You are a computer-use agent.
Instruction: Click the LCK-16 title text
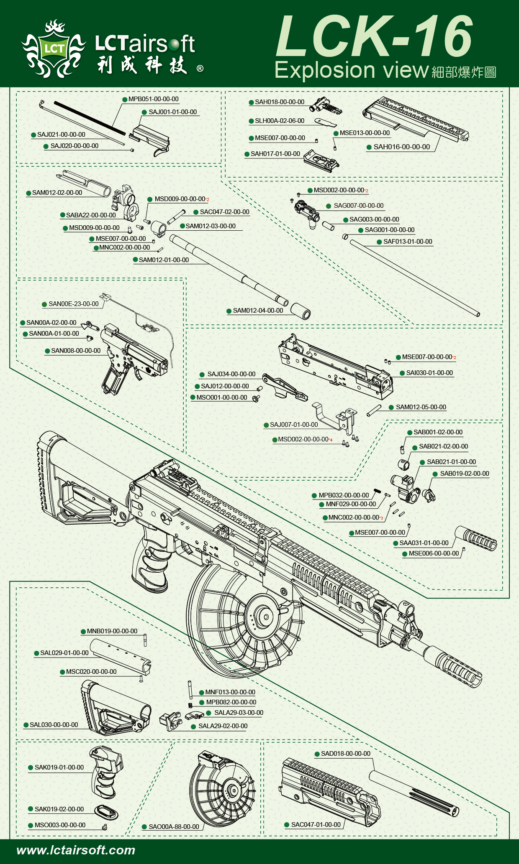pyautogui.click(x=374, y=36)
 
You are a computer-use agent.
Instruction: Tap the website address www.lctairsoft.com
pyautogui.click(x=76, y=850)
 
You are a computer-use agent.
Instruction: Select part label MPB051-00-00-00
pyautogui.click(x=153, y=99)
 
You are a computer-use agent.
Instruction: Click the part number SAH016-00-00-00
pyautogui.click(x=401, y=147)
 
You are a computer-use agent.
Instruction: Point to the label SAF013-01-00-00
pyautogui.click(x=408, y=242)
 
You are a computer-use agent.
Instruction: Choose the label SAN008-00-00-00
pyautogui.click(x=76, y=351)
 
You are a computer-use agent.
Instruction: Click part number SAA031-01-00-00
pyautogui.click(x=424, y=543)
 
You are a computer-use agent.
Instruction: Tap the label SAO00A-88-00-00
pyautogui.click(x=174, y=826)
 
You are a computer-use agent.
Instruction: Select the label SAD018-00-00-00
pyautogui.click(x=345, y=754)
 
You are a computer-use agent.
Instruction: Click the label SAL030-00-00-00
pyautogui.click(x=54, y=725)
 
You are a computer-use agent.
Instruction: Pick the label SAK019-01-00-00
pyautogui.click(x=59, y=767)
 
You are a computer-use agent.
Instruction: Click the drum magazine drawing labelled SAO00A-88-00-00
pyautogui.click(x=222, y=790)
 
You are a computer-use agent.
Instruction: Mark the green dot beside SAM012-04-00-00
pyautogui.click(x=229, y=311)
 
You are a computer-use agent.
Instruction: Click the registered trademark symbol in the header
pyautogui.click(x=200, y=68)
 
